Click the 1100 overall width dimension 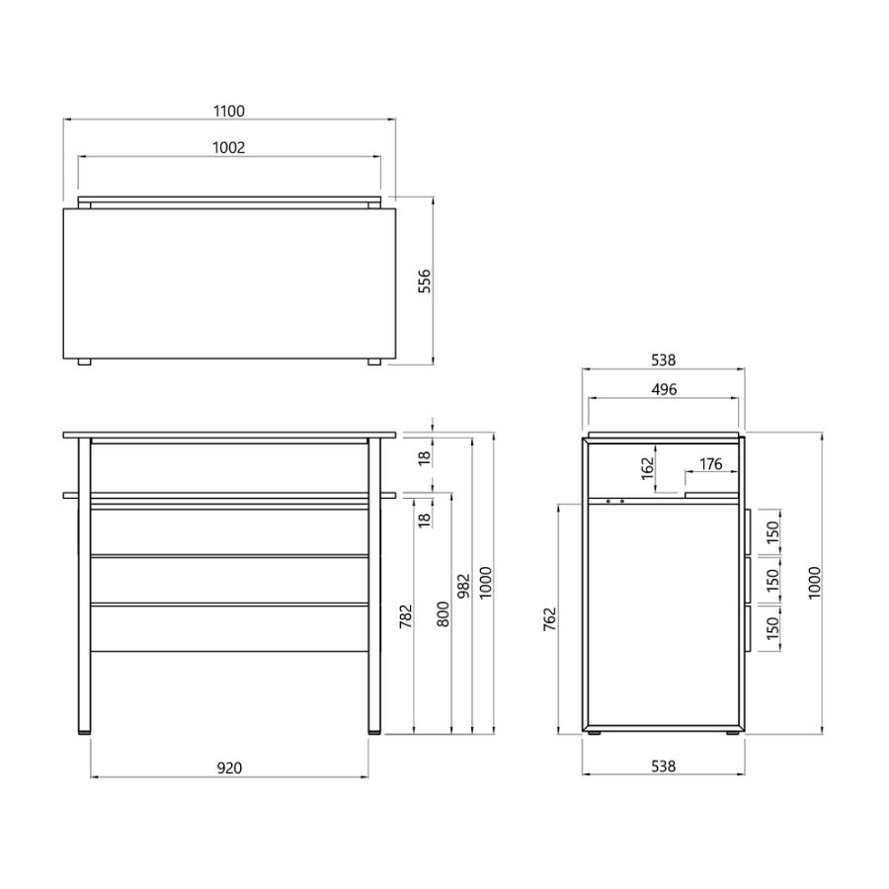(x=229, y=111)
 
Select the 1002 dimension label (x=229, y=147)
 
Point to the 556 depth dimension (x=424, y=282)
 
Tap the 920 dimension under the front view (x=229, y=768)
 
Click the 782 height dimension (x=406, y=616)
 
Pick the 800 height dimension (x=443, y=614)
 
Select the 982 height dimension (x=464, y=586)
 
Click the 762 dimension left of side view (x=550, y=619)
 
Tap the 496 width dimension (x=664, y=389)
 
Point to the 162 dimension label (x=647, y=469)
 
